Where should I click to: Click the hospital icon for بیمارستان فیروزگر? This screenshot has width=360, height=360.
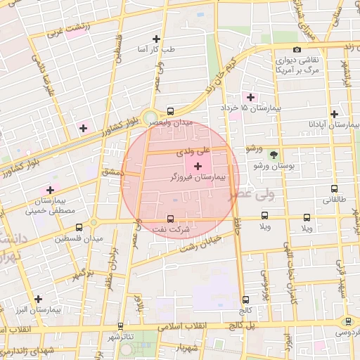click(197, 165)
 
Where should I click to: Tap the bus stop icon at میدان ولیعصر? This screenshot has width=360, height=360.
click(170, 110)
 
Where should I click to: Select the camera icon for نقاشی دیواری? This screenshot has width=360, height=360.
click(297, 49)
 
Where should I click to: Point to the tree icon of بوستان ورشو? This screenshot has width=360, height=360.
click(273, 155)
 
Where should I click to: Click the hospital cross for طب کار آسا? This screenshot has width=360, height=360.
click(156, 39)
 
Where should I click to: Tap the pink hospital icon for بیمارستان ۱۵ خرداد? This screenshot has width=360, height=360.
click(249, 96)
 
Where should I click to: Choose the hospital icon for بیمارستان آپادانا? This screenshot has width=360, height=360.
click(334, 114)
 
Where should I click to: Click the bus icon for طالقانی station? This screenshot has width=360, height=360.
click(334, 188)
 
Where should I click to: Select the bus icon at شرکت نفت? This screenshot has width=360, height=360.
click(170, 219)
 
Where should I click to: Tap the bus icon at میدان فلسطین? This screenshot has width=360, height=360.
click(78, 228)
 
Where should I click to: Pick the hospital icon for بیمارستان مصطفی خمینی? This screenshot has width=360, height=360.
click(50, 190)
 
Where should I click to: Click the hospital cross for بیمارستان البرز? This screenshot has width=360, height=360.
click(38, 299)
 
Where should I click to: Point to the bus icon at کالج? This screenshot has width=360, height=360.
click(245, 300)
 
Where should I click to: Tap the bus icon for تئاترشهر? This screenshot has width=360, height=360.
click(122, 326)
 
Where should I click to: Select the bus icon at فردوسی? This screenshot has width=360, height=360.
click(347, 321)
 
